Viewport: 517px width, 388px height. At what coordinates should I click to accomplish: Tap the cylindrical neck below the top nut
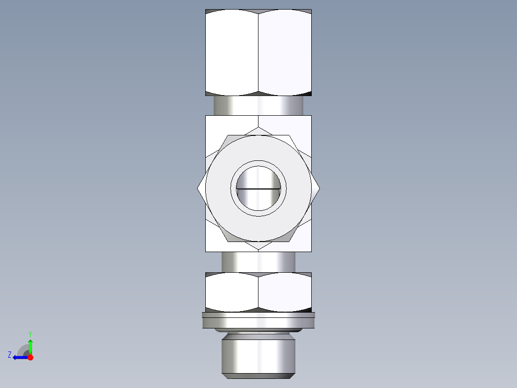(258, 105)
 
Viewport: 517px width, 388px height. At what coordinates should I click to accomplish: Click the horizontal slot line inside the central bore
(258, 189)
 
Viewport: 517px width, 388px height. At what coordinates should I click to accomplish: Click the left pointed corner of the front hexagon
(198, 189)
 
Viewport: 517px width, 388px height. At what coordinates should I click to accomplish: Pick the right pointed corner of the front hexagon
(319, 189)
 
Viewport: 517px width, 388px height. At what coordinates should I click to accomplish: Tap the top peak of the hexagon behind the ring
(258, 128)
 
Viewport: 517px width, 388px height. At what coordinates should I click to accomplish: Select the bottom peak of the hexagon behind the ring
(258, 249)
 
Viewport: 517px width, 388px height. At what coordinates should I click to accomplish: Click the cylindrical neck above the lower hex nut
(258, 262)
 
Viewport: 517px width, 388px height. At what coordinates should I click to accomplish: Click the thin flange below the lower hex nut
(258, 321)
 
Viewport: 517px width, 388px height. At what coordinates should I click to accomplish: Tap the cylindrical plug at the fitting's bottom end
(258, 355)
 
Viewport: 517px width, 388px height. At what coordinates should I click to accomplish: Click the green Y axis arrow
(30, 345)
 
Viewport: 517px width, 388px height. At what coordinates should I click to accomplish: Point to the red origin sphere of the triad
(30, 357)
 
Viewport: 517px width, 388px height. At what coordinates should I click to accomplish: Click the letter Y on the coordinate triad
(30, 333)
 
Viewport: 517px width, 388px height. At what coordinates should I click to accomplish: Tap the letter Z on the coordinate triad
(10, 355)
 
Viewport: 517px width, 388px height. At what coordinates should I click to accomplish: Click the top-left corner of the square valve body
(206, 116)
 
